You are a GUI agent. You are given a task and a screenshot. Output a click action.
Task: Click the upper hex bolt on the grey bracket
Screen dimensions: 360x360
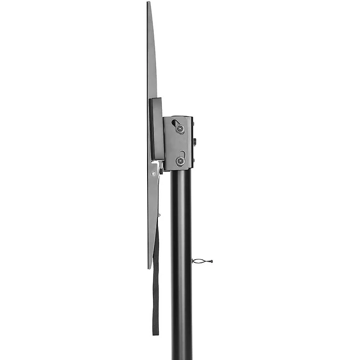click(x=180, y=129)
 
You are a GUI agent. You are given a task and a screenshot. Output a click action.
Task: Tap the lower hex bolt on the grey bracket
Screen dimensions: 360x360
click(x=180, y=161)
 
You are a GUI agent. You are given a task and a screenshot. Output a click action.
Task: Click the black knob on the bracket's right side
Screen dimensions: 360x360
click(x=195, y=142)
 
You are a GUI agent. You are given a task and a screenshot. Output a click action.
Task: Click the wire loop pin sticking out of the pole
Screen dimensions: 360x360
click(x=201, y=261)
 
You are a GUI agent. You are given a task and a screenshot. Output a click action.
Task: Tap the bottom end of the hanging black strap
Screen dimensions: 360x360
click(x=156, y=333)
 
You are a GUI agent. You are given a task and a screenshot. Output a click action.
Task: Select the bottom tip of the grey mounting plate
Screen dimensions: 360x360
click(x=149, y=268)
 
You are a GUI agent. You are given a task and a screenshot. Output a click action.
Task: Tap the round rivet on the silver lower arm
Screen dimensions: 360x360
click(x=154, y=173)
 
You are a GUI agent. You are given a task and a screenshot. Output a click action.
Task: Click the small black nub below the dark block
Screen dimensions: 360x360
click(x=161, y=171)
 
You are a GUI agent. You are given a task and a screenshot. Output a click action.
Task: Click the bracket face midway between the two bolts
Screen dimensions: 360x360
click(x=179, y=144)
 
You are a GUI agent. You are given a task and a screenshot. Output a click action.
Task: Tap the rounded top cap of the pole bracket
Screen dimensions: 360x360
click(x=178, y=117)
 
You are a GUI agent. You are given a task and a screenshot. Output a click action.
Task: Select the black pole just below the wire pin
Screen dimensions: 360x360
click(x=181, y=279)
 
